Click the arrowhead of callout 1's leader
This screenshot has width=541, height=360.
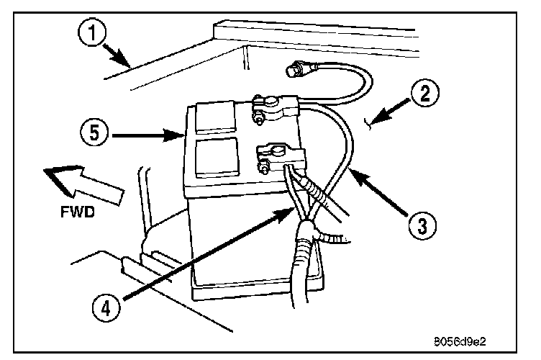tap(129, 67)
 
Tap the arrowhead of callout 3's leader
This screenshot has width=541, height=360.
tap(350, 171)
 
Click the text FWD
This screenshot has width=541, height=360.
tap(77, 215)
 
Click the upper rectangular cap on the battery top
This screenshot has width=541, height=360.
tap(216, 116)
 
